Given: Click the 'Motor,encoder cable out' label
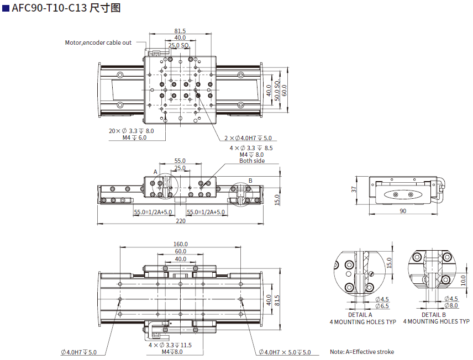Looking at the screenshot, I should (98, 43).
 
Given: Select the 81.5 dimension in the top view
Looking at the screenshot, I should (180, 31).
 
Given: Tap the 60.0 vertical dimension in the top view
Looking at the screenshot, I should (285, 89).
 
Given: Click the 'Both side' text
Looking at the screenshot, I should (251, 161).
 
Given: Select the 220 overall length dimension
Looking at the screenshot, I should (180, 221).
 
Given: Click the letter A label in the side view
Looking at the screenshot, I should (156, 172).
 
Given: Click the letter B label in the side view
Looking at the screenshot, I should (250, 180).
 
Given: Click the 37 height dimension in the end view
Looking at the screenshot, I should (354, 190).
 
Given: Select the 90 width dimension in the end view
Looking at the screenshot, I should (402, 211).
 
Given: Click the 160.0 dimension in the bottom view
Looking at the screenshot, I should (180, 243).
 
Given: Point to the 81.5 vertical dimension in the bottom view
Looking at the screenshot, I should (277, 300).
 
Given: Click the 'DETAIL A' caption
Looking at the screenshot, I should (360, 315).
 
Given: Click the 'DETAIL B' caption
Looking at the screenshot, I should (434, 315).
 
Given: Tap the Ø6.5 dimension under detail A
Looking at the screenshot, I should (382, 305).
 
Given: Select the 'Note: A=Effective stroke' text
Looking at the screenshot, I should (362, 352).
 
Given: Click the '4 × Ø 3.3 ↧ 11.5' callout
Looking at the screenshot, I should (170, 345).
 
